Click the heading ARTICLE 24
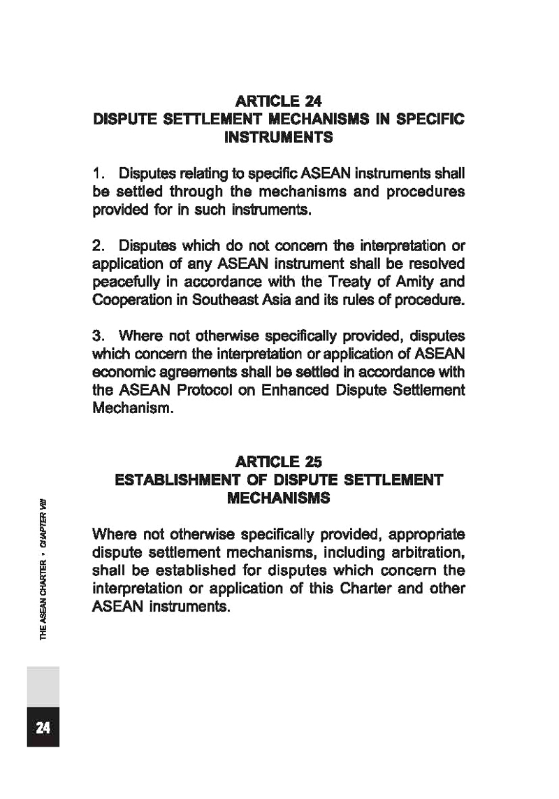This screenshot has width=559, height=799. (x=278, y=101)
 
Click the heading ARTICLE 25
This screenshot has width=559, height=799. (x=278, y=462)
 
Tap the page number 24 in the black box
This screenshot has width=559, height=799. (x=43, y=728)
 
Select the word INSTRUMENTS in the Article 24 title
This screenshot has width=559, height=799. (x=278, y=138)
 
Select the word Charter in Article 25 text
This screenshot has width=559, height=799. (x=376, y=590)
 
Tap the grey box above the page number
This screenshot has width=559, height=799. (x=43, y=686)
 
